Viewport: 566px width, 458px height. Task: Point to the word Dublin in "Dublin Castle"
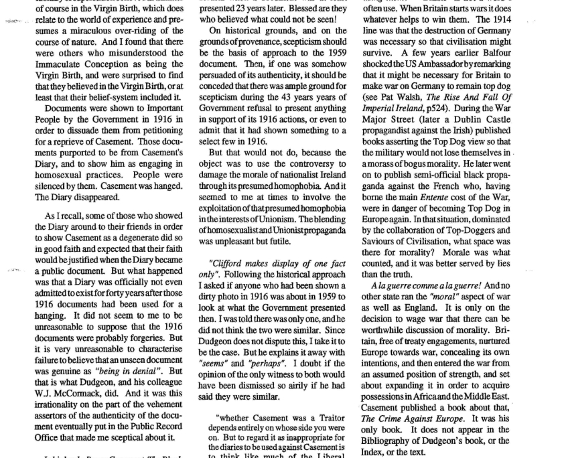484,137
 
